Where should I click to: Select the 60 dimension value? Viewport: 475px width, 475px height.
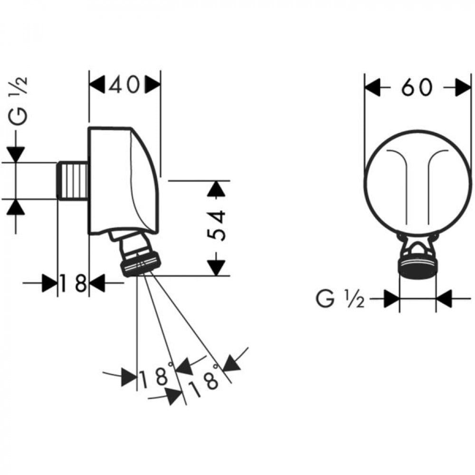point(417,87)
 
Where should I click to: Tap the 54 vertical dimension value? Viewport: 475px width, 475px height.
point(216,225)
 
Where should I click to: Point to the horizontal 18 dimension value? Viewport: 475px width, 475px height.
point(73,283)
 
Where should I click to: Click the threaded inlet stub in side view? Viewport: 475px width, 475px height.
point(73,181)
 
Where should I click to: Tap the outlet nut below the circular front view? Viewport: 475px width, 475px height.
point(418,267)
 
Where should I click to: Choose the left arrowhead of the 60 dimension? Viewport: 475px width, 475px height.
point(372,87)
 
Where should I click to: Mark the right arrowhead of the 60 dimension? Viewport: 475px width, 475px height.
point(463,87)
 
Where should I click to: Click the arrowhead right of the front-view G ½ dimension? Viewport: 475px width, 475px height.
point(444,299)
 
